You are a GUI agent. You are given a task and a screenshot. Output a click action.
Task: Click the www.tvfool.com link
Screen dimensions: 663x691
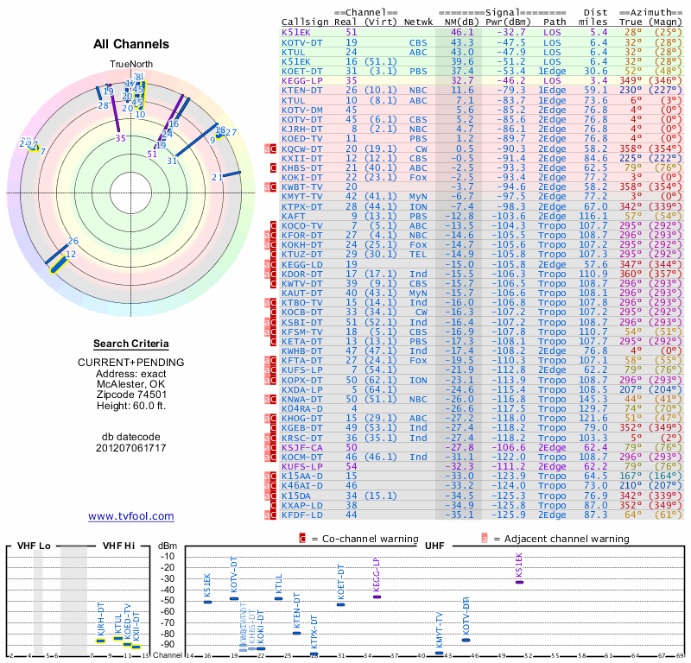131,516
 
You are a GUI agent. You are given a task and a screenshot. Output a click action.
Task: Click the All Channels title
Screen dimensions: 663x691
131,44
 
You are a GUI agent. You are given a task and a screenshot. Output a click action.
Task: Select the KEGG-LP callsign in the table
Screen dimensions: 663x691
301,80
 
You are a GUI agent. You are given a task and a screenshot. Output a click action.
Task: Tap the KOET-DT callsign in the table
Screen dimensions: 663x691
301,71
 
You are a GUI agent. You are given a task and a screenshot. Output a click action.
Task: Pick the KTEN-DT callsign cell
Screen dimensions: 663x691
301,90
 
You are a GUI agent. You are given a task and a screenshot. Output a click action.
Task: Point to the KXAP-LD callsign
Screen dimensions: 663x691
301,505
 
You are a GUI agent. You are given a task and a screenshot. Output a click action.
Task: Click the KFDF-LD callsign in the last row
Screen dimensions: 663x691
301,515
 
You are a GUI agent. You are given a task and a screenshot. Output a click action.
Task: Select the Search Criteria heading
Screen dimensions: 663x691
131,344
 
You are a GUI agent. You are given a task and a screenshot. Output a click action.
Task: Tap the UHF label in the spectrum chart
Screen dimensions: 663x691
435,546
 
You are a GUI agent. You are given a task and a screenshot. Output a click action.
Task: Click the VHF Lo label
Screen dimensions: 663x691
34,546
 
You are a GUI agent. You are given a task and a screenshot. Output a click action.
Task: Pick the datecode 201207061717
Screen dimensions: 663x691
131,448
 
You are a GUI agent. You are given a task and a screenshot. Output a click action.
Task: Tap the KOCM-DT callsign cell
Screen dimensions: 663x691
301,457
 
